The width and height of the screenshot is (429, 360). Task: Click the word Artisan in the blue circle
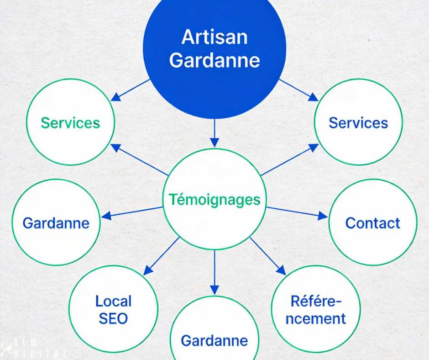click(214, 37)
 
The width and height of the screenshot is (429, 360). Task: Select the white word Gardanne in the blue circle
click(214, 60)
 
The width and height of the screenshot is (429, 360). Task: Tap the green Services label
click(70, 122)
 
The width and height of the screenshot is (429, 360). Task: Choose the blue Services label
click(358, 122)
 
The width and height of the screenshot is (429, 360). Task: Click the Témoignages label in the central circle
click(214, 199)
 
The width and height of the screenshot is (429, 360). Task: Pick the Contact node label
click(372, 223)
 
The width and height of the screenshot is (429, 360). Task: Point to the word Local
click(113, 301)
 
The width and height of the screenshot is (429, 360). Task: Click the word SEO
click(113, 318)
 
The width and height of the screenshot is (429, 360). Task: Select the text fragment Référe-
click(316, 301)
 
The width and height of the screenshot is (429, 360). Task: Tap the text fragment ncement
click(316, 318)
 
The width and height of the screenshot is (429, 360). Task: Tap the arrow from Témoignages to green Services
click(139, 159)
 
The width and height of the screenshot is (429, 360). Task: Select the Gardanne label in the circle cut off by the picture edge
click(214, 340)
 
